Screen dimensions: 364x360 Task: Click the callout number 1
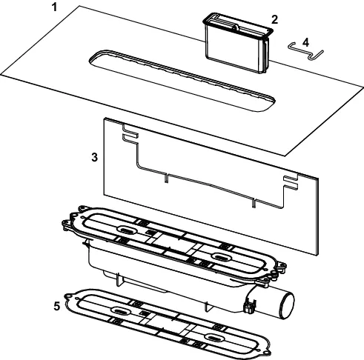tap(54, 7)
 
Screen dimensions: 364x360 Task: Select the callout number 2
tap(274, 19)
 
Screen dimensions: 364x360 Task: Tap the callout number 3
tap(95, 157)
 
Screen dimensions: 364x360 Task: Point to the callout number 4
tap(305, 42)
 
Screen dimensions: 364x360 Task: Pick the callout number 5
tap(57, 306)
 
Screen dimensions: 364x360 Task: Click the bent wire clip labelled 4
tap(305, 51)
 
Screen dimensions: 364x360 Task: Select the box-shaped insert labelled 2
tap(239, 42)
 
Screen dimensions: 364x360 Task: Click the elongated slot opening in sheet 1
tap(182, 81)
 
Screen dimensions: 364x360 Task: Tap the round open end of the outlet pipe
tap(287, 305)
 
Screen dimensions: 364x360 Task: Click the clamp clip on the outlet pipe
tap(250, 305)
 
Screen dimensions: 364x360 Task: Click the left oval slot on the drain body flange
tap(126, 230)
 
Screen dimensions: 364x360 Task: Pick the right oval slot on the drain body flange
tap(222, 257)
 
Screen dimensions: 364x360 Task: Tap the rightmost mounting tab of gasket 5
tap(267, 352)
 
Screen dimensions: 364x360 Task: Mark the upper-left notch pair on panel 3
tap(130, 133)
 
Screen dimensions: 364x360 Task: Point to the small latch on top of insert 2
tap(236, 27)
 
